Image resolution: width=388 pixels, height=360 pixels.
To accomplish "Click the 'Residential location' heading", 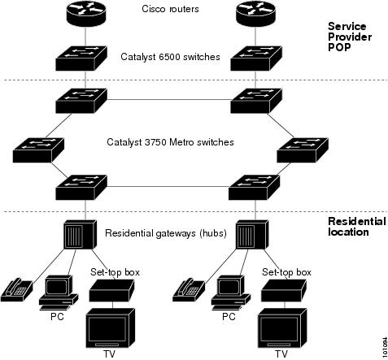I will pyautogui.click(x=356, y=226).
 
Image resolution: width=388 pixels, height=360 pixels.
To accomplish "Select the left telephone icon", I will pyautogui.click(x=19, y=288).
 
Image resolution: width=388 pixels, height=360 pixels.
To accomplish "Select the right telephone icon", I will pyautogui.click(x=190, y=288).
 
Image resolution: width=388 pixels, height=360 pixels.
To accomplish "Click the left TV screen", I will pyautogui.click(x=110, y=327).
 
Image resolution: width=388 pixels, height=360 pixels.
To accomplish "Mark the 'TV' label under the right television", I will pyautogui.click(x=281, y=354).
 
